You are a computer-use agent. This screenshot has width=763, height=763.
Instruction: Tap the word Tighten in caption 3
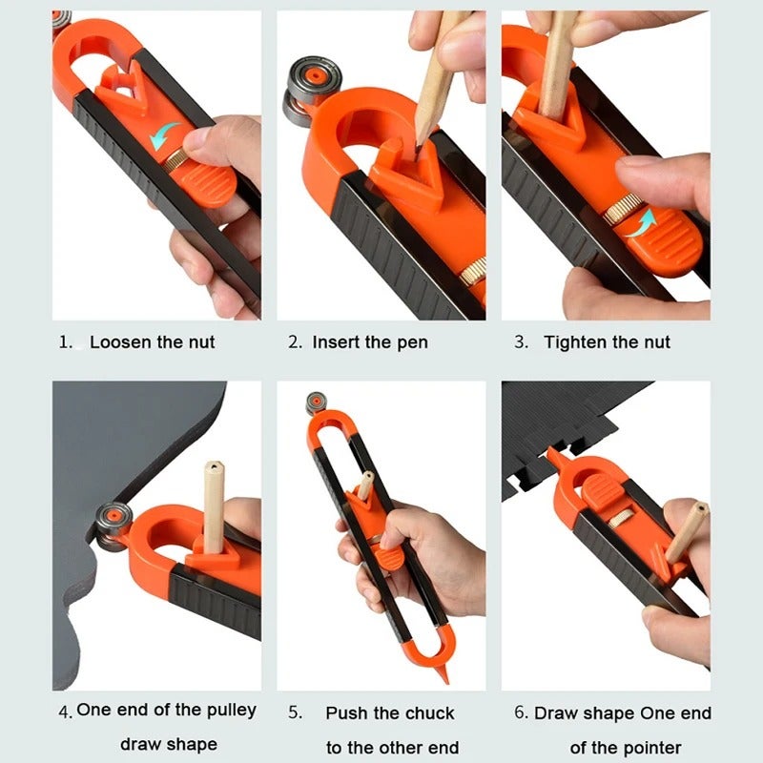tap(578, 341)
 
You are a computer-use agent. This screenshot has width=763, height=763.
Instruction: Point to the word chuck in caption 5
tap(430, 713)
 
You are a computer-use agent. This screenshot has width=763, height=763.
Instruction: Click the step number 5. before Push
tap(295, 713)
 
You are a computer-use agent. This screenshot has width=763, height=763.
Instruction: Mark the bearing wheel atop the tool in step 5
tap(316, 402)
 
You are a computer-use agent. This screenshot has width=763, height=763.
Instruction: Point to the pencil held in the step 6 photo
tap(687, 530)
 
